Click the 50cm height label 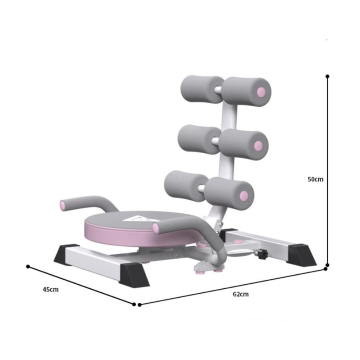point(315,179)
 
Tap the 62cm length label point(241,294)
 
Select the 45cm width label point(50,289)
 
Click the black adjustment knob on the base point(262,254)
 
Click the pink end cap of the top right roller point(261,92)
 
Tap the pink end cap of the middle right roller point(258,145)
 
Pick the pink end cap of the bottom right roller point(244,196)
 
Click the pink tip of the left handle point(63,205)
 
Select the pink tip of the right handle point(156,228)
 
